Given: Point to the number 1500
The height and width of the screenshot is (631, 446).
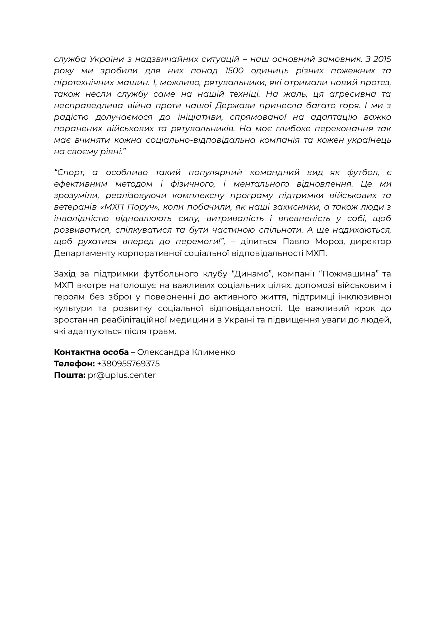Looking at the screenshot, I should point(232,70).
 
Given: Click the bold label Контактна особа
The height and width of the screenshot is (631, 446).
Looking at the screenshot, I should point(91,352).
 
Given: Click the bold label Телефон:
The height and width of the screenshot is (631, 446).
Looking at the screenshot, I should point(74,363).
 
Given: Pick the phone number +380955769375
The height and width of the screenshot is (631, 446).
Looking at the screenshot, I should point(128,363).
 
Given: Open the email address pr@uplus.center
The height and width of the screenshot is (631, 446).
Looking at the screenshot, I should point(122,375).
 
